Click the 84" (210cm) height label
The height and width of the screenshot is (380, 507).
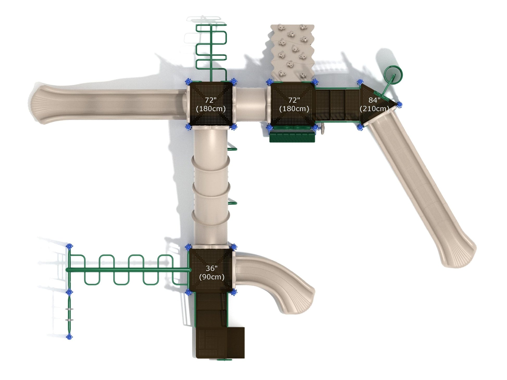374,104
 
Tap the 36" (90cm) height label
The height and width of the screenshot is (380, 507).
212,273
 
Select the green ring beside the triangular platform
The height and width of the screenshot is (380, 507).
394,75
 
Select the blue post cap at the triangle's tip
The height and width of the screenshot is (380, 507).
399,105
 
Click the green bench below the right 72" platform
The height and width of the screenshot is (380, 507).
292,136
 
